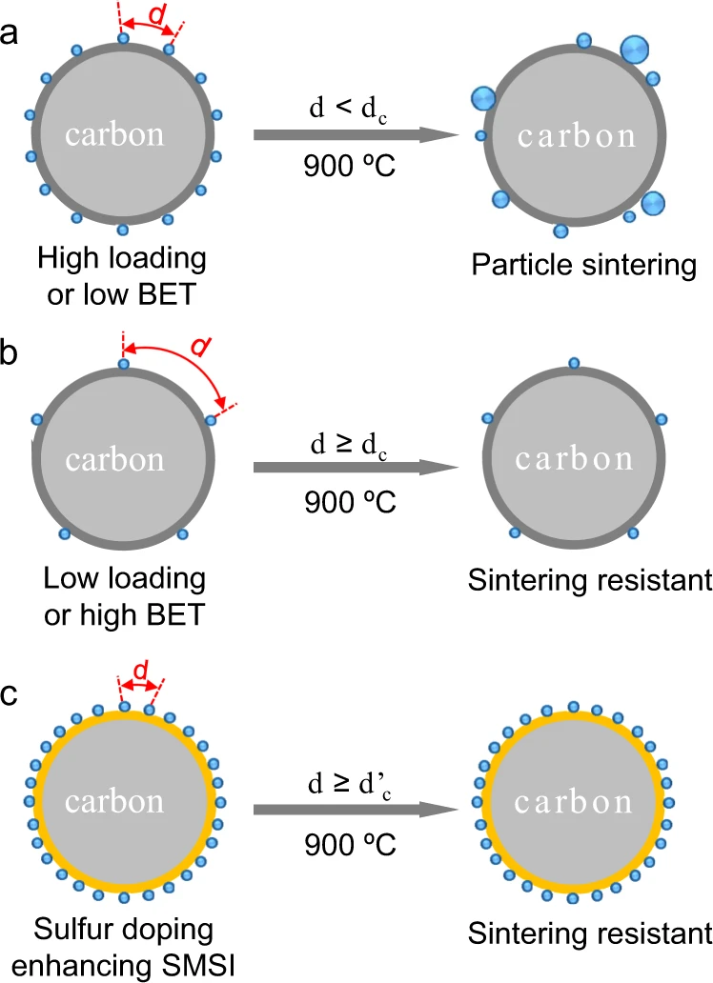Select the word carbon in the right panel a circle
tap(576, 135)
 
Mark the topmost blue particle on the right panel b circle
tap(573, 362)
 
